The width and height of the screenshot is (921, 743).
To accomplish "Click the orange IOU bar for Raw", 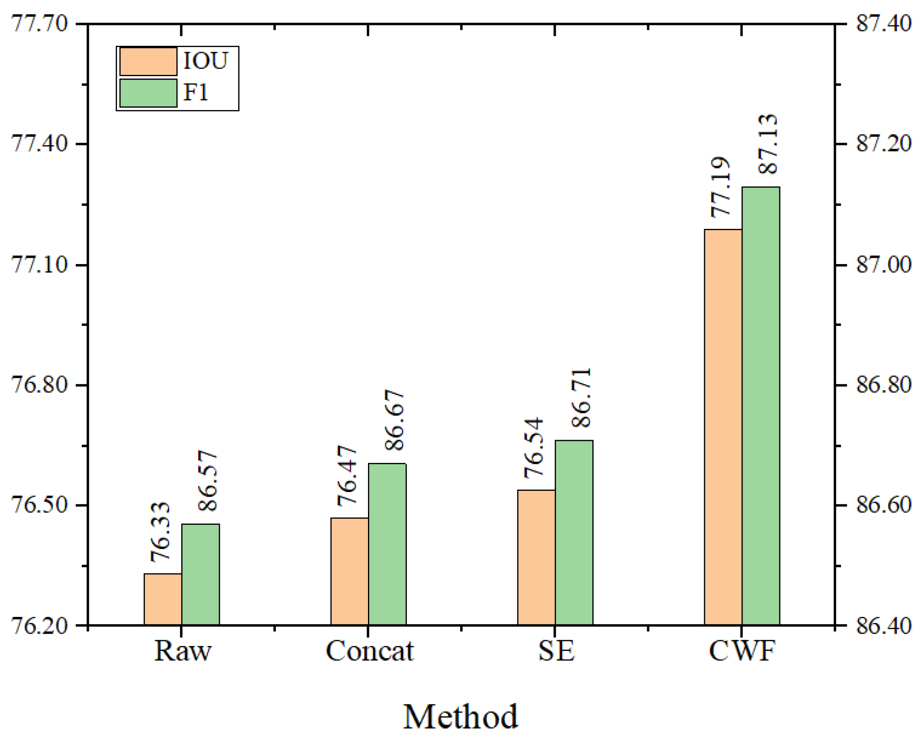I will coord(163,599).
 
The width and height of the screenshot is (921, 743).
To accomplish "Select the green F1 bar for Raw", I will coord(200,574).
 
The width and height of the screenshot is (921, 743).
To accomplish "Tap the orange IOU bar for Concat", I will coord(349,571).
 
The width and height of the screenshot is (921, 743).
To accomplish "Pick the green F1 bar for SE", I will coord(574,533).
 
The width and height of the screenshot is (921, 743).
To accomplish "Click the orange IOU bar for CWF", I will coord(723,427).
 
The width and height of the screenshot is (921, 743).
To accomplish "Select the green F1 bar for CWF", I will coord(761,406).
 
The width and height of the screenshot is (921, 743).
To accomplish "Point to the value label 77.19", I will coord(720,187).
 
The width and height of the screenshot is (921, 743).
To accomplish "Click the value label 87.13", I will coord(767,144).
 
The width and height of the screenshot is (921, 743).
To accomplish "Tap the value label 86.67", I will coord(394,420).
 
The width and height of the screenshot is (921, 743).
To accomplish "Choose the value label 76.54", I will coord(533,448).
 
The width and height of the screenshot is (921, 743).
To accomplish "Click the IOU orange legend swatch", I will coord(148,62).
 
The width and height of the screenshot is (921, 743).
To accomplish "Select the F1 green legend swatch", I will coord(148,93).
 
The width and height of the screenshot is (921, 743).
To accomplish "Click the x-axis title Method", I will coord(460,716).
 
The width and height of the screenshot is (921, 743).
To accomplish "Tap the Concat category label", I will coord(369,651).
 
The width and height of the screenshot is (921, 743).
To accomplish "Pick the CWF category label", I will coord(742,651).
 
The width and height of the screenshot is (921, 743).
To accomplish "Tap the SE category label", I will coord(556,651).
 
